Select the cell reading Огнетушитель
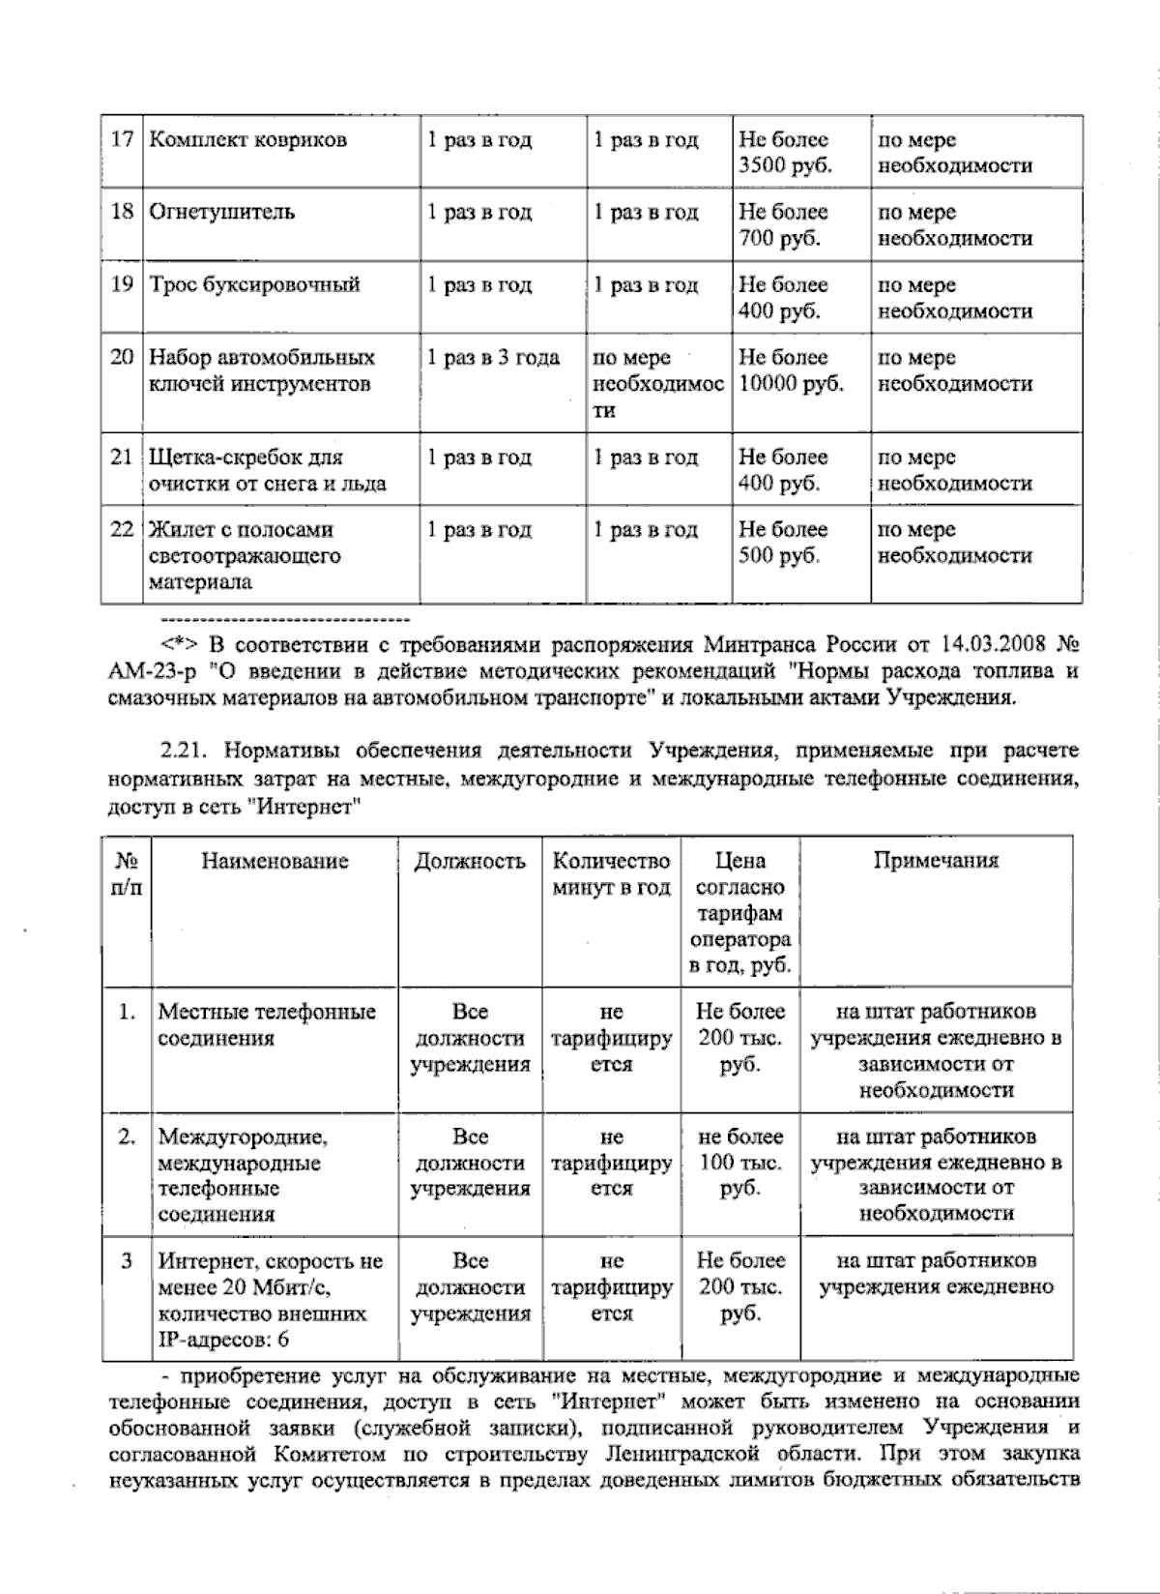[x=221, y=212]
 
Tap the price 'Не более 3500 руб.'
[x=785, y=152]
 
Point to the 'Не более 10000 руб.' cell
[x=791, y=370]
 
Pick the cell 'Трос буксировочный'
[x=254, y=285]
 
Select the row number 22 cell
[x=122, y=530]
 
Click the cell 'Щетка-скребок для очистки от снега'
[x=267, y=470]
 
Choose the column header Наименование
[x=275, y=861]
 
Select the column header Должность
[x=470, y=861]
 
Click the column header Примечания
[x=936, y=861]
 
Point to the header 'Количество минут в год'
[x=611, y=874]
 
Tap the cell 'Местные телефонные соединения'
[x=267, y=1025]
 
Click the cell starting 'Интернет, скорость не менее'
[x=270, y=1300]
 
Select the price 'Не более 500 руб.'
[x=783, y=543]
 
